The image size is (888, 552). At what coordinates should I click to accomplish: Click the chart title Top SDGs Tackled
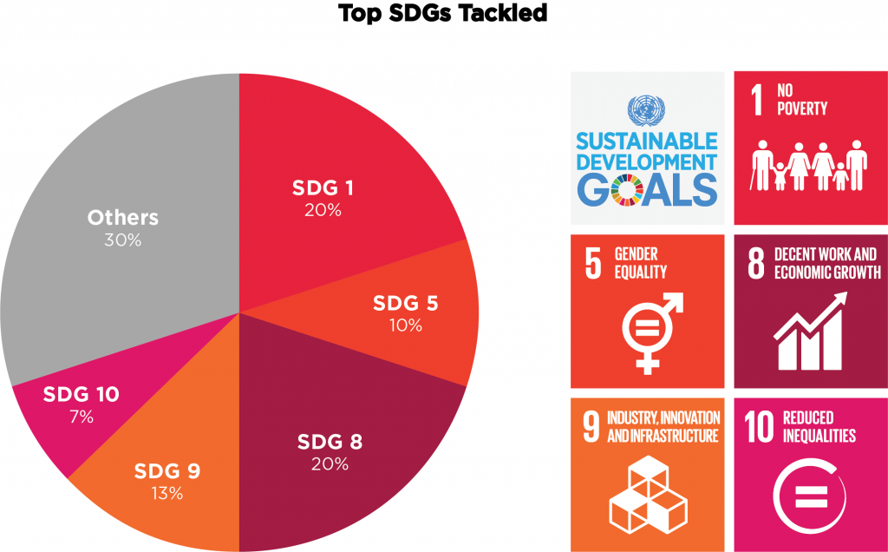tap(443, 12)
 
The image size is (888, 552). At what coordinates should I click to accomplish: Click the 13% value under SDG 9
tap(167, 494)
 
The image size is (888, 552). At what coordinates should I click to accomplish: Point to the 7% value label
tap(82, 417)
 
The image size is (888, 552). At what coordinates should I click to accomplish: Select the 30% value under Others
tap(123, 240)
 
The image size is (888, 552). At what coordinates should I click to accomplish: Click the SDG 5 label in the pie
tap(406, 303)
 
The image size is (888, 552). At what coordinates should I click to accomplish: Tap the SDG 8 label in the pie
tap(330, 442)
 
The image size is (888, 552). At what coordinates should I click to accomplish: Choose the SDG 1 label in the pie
tap(323, 187)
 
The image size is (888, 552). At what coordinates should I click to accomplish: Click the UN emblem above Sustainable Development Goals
tap(646, 110)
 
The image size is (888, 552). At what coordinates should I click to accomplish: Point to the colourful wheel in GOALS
tap(626, 190)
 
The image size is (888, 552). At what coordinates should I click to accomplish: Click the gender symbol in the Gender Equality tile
tap(652, 333)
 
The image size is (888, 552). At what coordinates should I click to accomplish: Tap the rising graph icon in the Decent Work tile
tap(811, 331)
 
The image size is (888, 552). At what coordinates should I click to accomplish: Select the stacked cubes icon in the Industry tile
tap(649, 494)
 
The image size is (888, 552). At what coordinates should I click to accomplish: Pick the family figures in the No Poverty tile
tap(810, 165)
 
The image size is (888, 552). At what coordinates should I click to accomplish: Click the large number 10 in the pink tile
tap(759, 426)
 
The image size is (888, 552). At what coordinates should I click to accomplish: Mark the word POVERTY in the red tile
tap(802, 108)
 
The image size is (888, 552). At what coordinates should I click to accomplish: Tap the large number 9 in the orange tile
tap(591, 426)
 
